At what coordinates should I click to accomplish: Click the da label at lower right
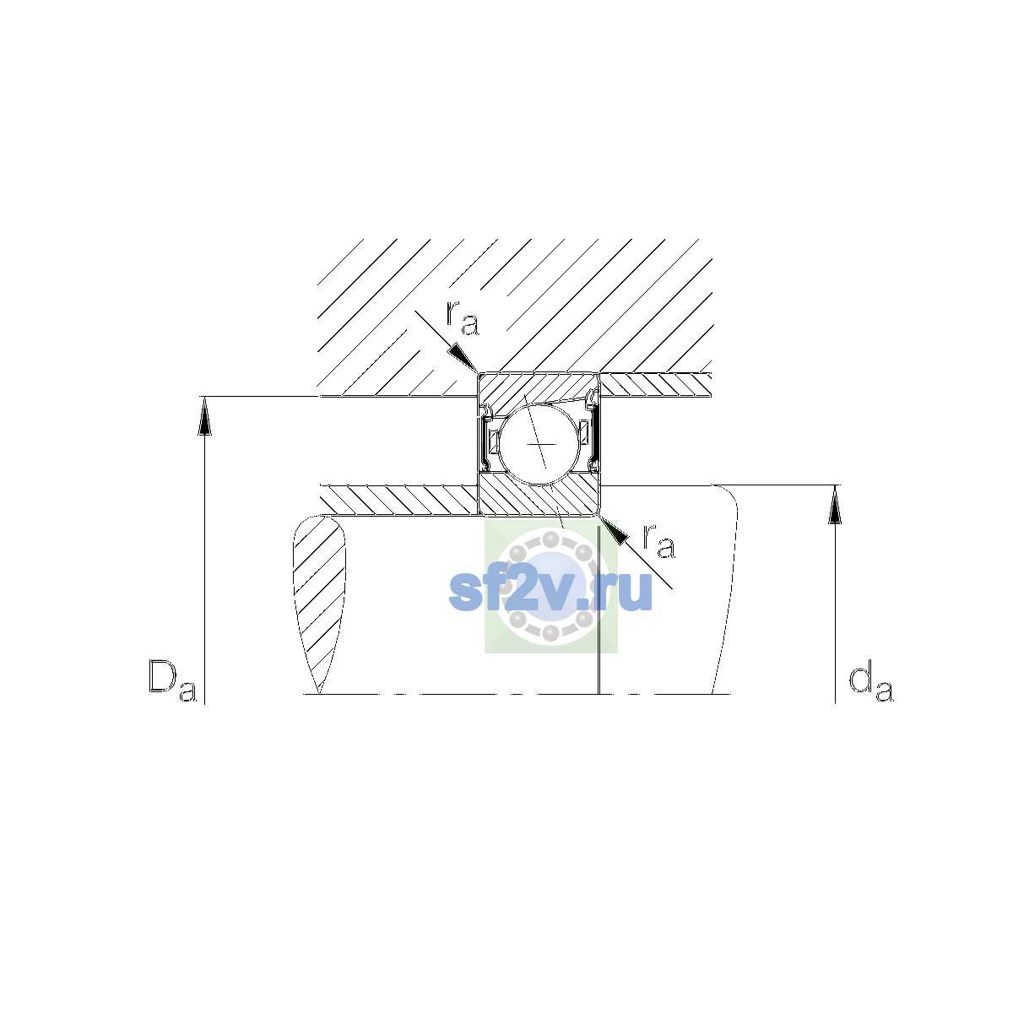click(x=871, y=683)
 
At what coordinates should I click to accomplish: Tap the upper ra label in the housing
click(x=463, y=318)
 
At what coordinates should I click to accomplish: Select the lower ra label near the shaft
click(x=658, y=541)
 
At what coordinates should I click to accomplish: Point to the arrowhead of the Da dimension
click(x=204, y=416)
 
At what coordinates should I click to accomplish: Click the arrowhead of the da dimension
click(x=835, y=505)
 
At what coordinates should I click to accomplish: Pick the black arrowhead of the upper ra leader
click(x=462, y=357)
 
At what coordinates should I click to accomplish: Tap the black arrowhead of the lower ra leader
click(x=614, y=531)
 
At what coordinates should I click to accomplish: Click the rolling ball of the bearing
click(x=539, y=444)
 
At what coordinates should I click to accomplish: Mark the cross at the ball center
click(x=541, y=444)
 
